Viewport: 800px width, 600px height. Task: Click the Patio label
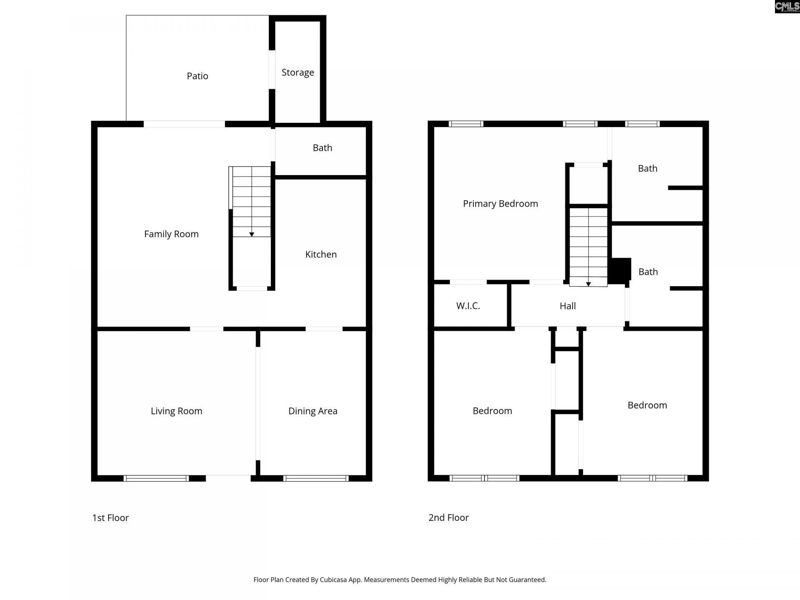(197, 76)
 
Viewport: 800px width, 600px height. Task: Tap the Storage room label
(297, 72)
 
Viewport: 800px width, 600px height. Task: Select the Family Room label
(171, 234)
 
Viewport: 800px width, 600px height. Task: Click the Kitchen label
(321, 255)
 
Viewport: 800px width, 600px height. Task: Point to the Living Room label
(176, 411)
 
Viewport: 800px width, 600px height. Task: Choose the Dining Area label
(312, 411)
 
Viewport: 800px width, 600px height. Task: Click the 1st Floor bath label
(322, 148)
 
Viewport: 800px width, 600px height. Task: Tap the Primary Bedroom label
(500, 204)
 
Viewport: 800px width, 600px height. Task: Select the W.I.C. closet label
(468, 306)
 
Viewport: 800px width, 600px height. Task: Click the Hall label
(567, 306)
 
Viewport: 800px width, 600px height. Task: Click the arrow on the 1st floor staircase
(252, 235)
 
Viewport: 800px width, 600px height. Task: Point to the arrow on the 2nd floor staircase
(588, 284)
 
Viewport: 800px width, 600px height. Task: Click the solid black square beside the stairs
(620, 271)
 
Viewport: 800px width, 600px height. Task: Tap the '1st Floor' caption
(110, 518)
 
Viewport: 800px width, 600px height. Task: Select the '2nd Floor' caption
(448, 518)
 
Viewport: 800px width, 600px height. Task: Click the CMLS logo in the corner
(787, 7)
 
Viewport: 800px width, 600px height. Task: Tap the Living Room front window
(156, 478)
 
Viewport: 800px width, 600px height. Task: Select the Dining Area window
(316, 478)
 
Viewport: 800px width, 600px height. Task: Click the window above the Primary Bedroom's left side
(466, 124)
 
